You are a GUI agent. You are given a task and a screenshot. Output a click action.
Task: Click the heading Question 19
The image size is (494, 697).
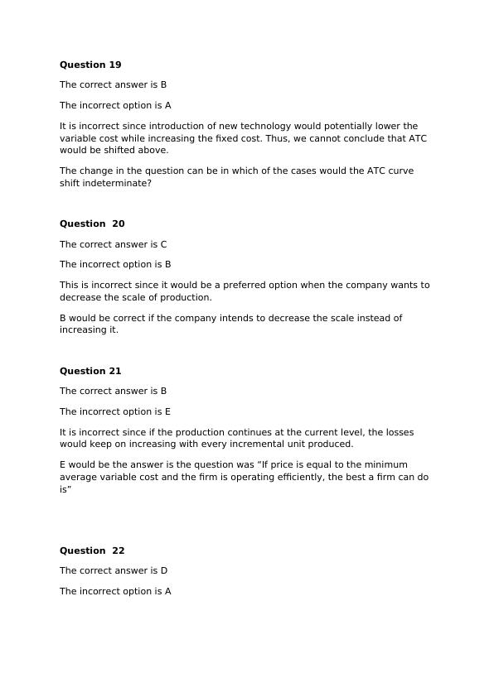90,65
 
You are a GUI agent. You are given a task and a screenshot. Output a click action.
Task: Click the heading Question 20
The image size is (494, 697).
91,224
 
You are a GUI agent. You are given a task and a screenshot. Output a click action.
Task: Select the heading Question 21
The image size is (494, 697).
90,371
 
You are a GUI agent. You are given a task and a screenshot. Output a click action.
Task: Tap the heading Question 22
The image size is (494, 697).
91,550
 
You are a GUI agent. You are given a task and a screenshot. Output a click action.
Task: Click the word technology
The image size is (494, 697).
252,126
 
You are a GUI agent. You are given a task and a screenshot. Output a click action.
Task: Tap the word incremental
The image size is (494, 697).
269,445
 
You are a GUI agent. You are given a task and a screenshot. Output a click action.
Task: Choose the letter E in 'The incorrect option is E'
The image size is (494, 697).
167,411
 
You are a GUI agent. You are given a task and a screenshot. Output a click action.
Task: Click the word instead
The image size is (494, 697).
362,318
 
